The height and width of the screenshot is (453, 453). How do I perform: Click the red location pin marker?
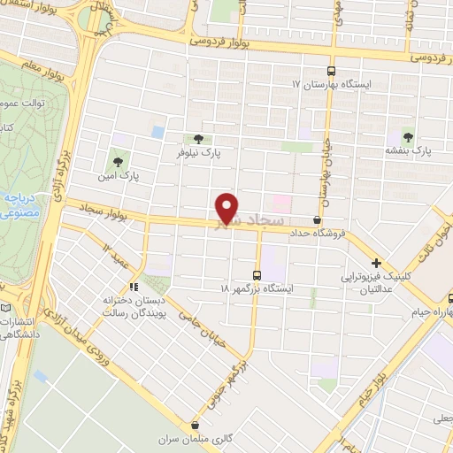[x=228, y=208]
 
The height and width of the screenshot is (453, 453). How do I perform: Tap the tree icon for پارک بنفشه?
[x=408, y=136]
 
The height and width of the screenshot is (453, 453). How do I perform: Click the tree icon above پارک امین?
[x=118, y=161]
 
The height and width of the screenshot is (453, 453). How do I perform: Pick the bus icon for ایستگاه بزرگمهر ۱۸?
[x=257, y=275]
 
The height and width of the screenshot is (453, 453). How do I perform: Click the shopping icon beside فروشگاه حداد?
[x=318, y=219]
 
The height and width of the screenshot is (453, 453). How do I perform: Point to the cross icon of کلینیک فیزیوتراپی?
[x=377, y=263]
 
